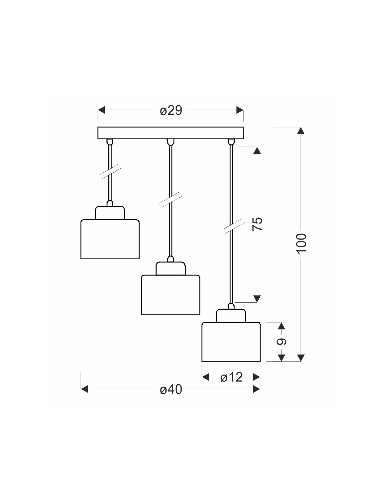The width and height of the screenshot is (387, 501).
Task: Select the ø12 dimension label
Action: pyautogui.click(x=231, y=377)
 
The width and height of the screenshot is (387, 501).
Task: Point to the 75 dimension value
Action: pyautogui.click(x=257, y=224)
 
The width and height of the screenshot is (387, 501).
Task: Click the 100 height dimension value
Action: pyautogui.click(x=302, y=243)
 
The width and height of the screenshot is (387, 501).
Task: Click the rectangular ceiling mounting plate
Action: pyautogui.click(x=171, y=133)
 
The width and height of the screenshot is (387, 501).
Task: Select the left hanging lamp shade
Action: pyautogui.click(x=110, y=239)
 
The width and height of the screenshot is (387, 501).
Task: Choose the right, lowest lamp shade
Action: pyautogui.click(x=231, y=342)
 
